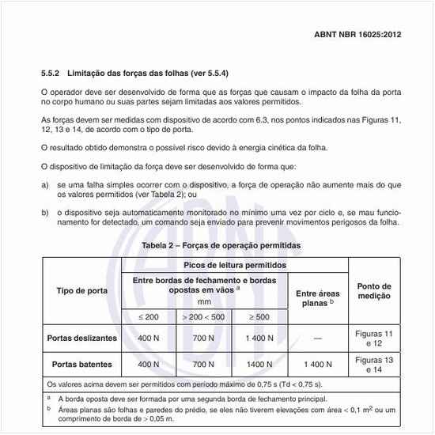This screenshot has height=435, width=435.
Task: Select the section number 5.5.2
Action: tap(54, 74)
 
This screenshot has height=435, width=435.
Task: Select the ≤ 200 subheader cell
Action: tap(148, 316)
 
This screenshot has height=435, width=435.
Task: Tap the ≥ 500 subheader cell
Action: tap(258, 316)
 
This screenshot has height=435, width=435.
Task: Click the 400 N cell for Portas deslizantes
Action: tap(148, 339)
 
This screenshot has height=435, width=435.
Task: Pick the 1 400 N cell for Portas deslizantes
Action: tap(258, 339)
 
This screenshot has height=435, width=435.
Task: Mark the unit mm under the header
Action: tap(204, 301)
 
